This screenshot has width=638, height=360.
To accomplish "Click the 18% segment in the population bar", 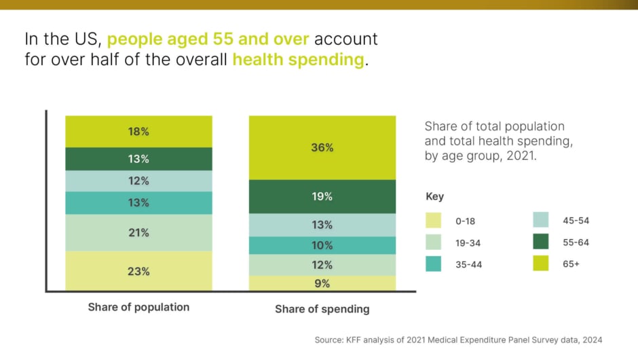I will click(x=138, y=132).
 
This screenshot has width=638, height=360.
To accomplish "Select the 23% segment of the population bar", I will click(x=138, y=271).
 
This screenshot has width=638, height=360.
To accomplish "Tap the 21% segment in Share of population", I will click(x=138, y=232).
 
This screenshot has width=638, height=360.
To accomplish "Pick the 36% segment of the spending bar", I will click(x=322, y=147).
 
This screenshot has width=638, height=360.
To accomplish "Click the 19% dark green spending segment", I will click(x=322, y=196).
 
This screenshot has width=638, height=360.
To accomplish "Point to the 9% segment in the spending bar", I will click(x=322, y=284).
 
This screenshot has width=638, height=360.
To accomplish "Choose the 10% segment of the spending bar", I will click(x=322, y=245).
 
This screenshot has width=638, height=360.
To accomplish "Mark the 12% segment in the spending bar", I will click(x=322, y=265).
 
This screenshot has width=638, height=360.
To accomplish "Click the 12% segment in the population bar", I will click(x=138, y=181).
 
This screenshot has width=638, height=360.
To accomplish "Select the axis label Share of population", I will click(x=138, y=307).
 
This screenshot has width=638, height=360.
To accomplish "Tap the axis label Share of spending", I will click(x=322, y=309).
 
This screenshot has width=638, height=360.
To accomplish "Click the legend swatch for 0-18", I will click(x=433, y=221).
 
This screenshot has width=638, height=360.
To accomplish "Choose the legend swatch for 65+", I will click(x=542, y=264).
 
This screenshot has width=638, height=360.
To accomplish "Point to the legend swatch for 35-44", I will click(x=433, y=264).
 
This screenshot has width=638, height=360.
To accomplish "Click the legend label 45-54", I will click(x=577, y=221).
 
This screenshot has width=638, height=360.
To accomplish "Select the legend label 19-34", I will click(x=469, y=242).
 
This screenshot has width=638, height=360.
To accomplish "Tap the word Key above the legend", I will click(x=434, y=196).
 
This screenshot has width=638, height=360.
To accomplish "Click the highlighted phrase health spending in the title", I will click(x=298, y=59).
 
